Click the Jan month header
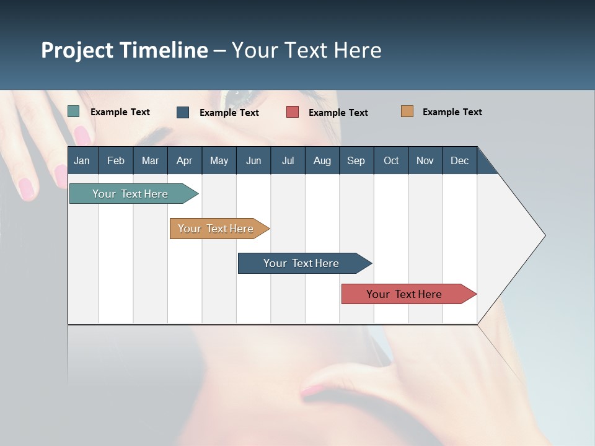[82, 160]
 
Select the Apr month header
[185, 160]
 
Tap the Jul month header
[288, 160]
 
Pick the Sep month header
[356, 160]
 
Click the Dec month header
[459, 160]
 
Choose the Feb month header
[116, 160]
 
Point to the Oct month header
[391, 160]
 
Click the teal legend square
[74, 111]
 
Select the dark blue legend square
[183, 112]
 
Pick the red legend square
[293, 112]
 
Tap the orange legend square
[407, 111]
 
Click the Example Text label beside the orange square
[452, 112]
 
